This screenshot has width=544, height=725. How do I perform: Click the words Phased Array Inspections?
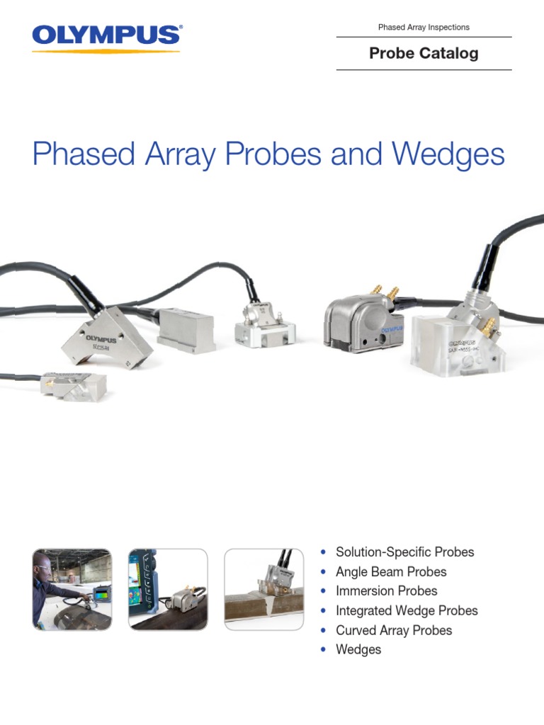(424, 28)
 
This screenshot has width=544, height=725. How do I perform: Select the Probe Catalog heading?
(424, 54)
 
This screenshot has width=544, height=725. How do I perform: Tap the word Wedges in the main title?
(445, 154)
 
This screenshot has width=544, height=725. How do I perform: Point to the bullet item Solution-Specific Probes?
(404, 552)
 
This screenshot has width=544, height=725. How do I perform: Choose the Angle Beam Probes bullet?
(391, 571)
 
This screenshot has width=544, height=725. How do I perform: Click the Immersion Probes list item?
(386, 591)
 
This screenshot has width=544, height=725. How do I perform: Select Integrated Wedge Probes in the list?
(407, 610)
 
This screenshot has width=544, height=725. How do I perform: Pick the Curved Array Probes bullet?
(393, 630)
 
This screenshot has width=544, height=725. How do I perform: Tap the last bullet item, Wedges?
(358, 649)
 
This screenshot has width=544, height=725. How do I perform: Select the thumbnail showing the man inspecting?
(72, 590)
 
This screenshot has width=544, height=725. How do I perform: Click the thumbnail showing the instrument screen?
(168, 590)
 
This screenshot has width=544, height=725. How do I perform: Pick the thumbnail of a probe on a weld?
(265, 590)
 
